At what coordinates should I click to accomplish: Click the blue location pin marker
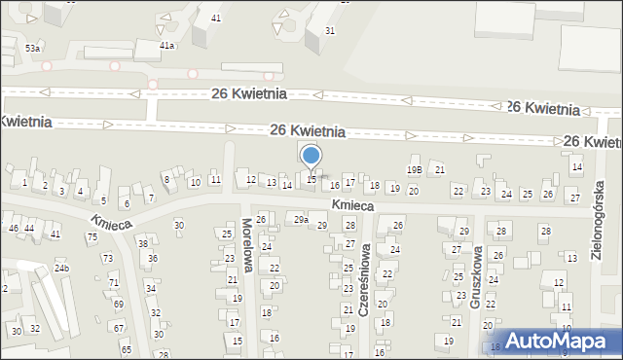point(311,156)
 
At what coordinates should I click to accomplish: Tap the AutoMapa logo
point(554,341)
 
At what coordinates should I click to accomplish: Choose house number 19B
point(415,169)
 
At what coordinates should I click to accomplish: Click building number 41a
point(167,45)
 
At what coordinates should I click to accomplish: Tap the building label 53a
point(33,48)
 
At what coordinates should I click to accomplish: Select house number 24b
point(61,268)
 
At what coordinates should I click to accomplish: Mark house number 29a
point(302,221)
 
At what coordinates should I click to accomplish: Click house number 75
point(92,236)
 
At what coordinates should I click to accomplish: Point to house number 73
point(108,258)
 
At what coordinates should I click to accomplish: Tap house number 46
point(13,228)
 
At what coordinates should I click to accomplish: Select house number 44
point(29,228)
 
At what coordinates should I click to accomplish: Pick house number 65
point(126,348)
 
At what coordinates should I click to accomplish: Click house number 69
point(118,304)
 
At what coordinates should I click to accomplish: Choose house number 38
point(142,243)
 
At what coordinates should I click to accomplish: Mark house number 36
point(152,258)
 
